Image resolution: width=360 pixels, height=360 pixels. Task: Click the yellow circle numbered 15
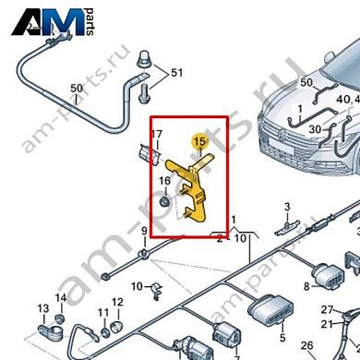click(198, 141)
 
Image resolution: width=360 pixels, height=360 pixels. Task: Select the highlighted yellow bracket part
click(198, 185)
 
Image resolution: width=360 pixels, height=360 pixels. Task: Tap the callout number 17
click(156, 135)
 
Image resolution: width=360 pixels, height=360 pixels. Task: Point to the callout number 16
click(163, 180)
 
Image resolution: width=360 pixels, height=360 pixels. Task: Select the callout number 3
click(287, 207)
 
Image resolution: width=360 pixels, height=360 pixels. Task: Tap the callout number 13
click(42, 308)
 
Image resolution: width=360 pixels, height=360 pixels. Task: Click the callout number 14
click(61, 297)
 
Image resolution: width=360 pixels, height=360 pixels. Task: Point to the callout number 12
click(117, 303)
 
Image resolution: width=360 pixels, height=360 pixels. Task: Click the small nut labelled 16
click(163, 198)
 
